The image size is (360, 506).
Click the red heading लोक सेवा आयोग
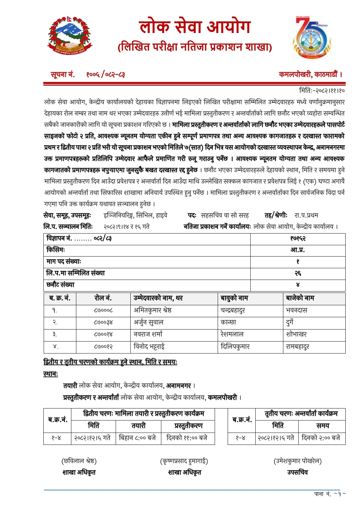(x=195, y=27)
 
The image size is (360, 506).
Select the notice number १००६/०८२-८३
(x=105, y=74)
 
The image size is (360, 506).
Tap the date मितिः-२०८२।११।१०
(x=322, y=90)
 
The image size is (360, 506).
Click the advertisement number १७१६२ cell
(x=298, y=238)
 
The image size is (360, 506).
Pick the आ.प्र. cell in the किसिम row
(x=298, y=250)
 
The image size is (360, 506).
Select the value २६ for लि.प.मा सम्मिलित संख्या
(x=298, y=273)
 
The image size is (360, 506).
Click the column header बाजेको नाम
(x=300, y=298)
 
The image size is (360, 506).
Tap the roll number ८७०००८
(x=103, y=310)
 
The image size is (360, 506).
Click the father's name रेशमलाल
(x=232, y=334)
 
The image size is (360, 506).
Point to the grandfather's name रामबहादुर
(x=298, y=347)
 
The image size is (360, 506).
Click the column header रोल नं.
(x=103, y=298)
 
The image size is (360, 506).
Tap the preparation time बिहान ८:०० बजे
(x=138, y=438)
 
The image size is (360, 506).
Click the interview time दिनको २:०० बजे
(x=321, y=438)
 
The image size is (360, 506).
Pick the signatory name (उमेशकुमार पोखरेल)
(x=297, y=461)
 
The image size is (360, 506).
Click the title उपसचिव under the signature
(x=297, y=472)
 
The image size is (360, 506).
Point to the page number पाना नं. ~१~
(x=330, y=494)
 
